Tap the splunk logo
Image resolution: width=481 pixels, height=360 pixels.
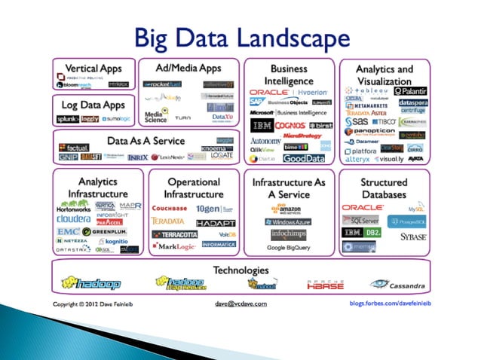[68, 119]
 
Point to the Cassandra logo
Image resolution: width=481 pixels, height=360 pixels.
[395, 285]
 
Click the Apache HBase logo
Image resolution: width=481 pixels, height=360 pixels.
[325, 285]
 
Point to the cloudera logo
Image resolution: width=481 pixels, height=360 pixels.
[73, 219]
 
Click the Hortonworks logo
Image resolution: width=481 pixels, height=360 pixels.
[74, 208]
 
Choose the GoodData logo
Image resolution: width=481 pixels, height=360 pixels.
[305, 159]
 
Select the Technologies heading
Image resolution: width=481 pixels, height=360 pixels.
[240, 270]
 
